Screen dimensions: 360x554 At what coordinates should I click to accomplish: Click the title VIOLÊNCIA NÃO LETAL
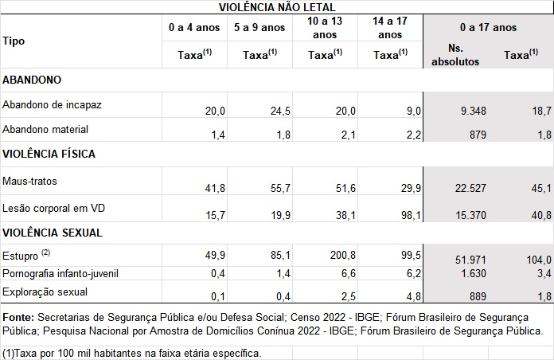(277, 7)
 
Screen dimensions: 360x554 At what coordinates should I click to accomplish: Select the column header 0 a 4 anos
(194, 28)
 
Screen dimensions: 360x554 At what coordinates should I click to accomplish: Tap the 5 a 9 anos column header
(259, 28)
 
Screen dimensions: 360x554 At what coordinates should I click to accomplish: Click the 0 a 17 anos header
(488, 28)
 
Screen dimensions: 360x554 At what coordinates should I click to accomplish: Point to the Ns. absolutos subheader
(456, 55)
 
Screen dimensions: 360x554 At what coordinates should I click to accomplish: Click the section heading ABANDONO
(33, 80)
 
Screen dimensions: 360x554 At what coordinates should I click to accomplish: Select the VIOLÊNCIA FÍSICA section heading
(50, 153)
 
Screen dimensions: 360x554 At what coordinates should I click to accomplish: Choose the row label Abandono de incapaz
(52, 105)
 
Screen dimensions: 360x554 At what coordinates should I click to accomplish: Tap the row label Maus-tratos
(29, 182)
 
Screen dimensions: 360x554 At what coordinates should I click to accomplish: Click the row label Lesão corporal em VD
(53, 209)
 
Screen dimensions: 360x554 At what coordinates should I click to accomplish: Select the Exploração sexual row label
(45, 293)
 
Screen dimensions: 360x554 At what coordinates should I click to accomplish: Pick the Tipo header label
(13, 41)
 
